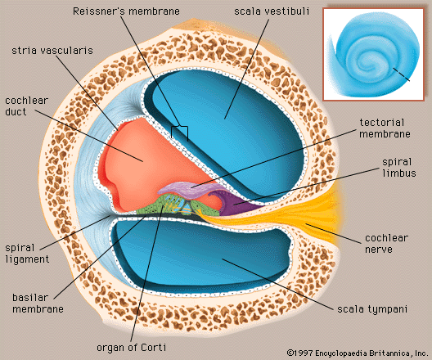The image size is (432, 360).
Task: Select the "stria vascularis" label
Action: tap(51, 50)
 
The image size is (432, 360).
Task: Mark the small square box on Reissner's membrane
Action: tap(180, 131)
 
